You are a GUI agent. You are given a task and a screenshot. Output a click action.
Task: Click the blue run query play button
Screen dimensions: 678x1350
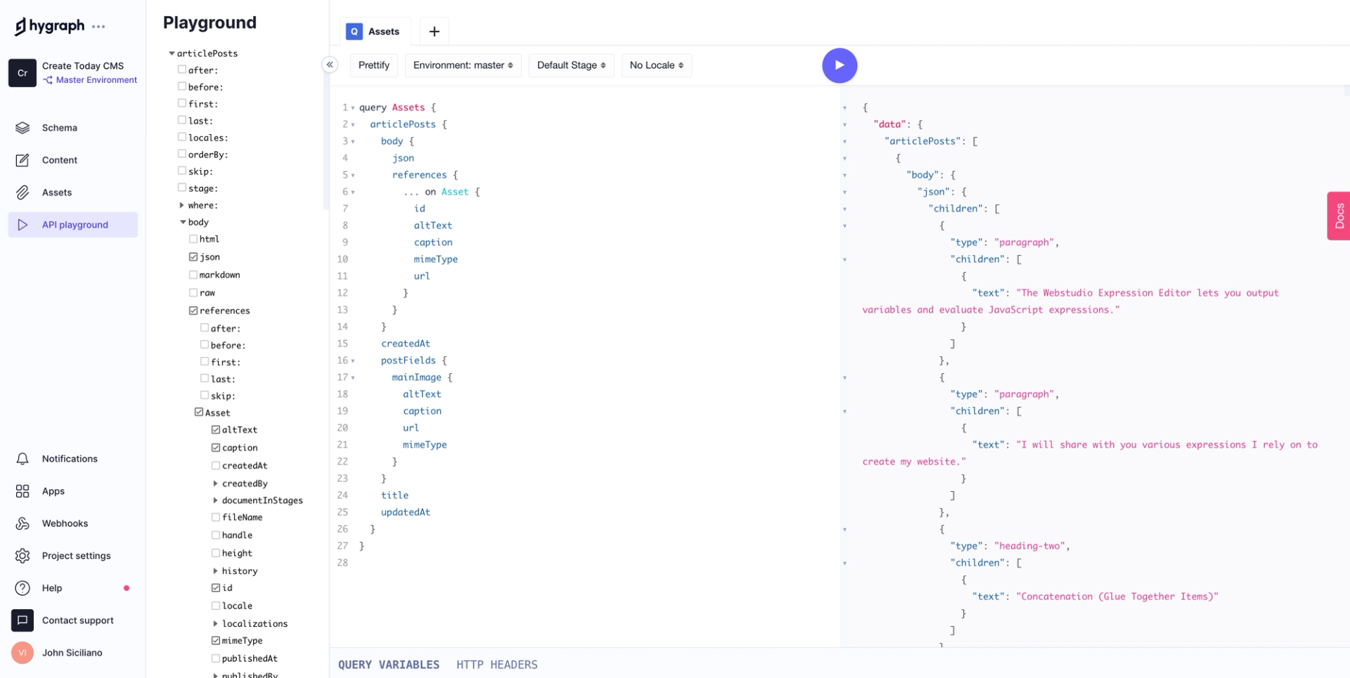(x=839, y=65)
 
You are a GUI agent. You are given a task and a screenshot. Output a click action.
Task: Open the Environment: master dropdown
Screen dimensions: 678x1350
(x=463, y=65)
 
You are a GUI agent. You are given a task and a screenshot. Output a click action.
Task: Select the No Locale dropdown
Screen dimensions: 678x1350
(x=656, y=65)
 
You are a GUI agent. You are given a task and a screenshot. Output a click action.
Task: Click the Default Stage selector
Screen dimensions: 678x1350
(x=571, y=65)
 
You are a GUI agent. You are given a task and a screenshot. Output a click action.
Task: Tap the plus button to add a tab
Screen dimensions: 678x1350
(x=434, y=32)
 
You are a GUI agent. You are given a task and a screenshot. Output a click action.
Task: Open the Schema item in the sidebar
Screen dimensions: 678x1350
(x=60, y=128)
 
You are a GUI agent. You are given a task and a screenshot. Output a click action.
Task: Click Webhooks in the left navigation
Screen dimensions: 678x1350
(x=65, y=523)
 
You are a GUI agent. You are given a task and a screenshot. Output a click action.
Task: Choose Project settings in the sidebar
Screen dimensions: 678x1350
(x=76, y=556)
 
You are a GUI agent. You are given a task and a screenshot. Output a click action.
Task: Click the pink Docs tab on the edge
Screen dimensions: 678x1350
(x=1339, y=216)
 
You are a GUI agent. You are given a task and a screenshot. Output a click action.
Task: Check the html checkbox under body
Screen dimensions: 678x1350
(x=193, y=239)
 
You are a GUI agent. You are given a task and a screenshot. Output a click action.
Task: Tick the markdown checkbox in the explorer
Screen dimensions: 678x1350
(x=193, y=275)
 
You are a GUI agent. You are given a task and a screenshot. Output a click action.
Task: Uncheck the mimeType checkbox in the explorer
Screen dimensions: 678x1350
(x=216, y=640)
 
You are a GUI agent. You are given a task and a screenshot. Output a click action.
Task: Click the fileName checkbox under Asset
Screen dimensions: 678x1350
(x=216, y=517)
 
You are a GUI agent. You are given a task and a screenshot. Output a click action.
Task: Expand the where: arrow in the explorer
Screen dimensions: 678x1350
(x=182, y=205)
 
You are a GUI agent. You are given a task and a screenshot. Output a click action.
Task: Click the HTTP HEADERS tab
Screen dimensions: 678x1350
(x=496, y=665)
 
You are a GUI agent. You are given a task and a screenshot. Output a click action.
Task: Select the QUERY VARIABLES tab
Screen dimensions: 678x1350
(x=388, y=665)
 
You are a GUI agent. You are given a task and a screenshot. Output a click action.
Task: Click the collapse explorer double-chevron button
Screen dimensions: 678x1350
(x=330, y=65)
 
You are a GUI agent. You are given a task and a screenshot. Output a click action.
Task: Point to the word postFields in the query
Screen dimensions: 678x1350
(x=408, y=360)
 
